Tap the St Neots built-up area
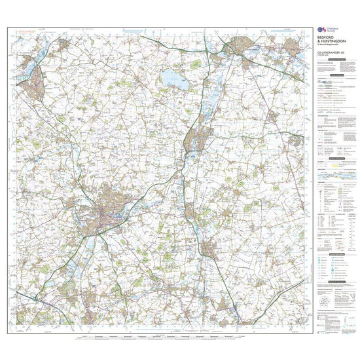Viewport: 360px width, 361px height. pyautogui.click(x=198, y=138)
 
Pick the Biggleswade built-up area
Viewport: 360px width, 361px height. pyautogui.click(x=209, y=250)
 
